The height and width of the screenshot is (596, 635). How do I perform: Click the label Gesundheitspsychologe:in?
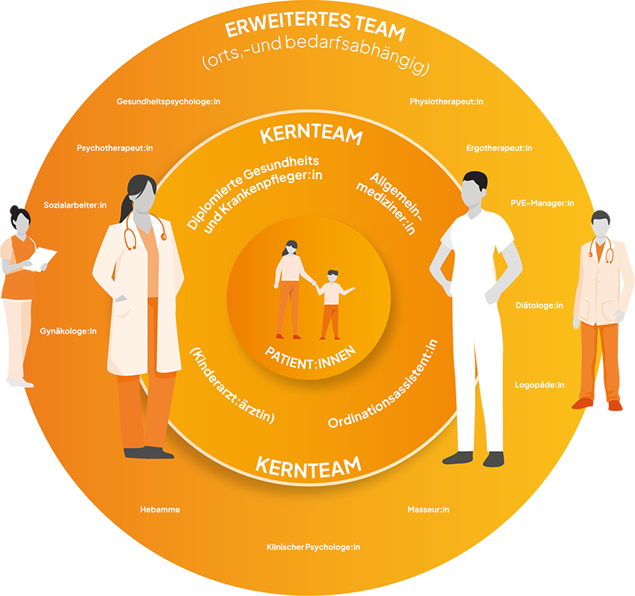click(169, 102)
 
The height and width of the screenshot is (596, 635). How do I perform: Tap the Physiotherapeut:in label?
click(446, 102)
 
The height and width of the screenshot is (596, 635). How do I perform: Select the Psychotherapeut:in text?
click(115, 148)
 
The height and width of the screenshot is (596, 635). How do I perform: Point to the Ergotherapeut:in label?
click(499, 148)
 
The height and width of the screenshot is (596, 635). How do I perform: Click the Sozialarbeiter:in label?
click(75, 205)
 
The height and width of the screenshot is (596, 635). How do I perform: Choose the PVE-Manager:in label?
click(542, 203)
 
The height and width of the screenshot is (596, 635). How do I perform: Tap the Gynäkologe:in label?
click(68, 332)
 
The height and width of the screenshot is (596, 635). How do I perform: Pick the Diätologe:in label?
click(539, 305)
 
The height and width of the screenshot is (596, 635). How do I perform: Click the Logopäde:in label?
click(539, 385)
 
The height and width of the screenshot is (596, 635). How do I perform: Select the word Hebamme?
click(160, 510)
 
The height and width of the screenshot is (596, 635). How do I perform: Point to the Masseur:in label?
click(428, 510)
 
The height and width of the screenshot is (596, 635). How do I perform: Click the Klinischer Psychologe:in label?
click(313, 547)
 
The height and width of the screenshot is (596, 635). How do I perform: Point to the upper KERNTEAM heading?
click(311, 134)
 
